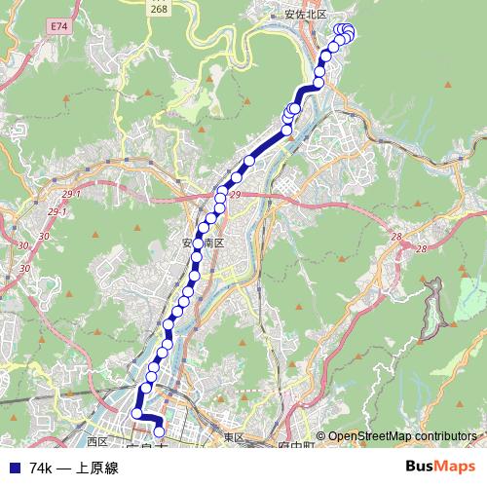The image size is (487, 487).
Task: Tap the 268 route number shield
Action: pos(159,9)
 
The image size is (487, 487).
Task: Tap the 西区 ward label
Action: pos(94,428)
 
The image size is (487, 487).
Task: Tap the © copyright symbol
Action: pos(320,436)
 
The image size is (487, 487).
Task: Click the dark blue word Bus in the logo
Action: pos(422,467)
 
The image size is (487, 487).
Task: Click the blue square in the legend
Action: pos(13,468)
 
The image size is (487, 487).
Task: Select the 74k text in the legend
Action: pos(42,468)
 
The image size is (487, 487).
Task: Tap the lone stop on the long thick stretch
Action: pos(249,161)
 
